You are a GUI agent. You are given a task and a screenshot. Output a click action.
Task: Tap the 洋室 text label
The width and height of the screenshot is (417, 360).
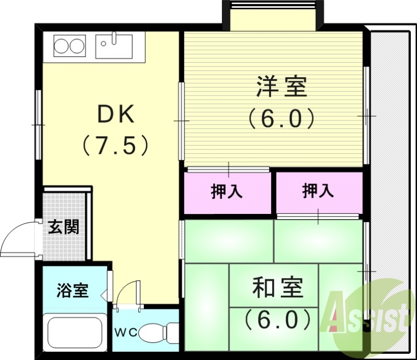click(281, 88)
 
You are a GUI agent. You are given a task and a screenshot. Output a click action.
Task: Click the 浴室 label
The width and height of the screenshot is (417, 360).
click(72, 291)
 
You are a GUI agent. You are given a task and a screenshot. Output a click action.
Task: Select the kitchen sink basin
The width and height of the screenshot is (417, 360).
click(114, 46)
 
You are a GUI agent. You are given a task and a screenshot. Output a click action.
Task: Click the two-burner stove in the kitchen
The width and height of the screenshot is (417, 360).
click(69, 45)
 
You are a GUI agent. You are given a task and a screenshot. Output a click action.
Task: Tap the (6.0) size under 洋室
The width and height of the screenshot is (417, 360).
click(281, 118)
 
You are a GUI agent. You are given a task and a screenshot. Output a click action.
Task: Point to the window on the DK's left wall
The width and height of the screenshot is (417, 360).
click(39, 125)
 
